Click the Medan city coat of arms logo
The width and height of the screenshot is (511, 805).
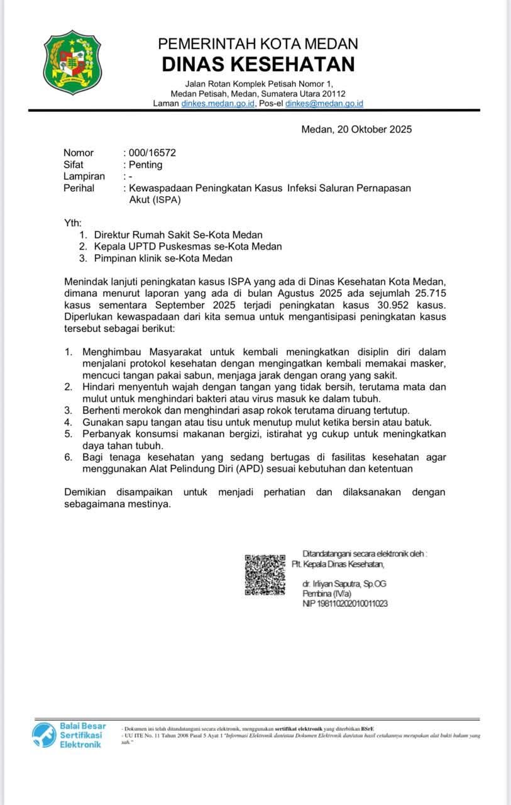[72, 62]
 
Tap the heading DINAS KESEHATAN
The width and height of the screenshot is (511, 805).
[258, 64]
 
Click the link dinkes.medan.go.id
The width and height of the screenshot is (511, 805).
[218, 104]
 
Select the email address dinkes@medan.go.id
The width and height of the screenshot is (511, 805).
[324, 104]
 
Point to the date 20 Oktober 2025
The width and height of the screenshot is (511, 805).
[375, 130]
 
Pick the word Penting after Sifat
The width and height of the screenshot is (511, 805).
[145, 165]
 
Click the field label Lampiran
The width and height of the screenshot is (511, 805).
[84, 177]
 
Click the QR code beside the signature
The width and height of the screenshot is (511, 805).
[265, 574]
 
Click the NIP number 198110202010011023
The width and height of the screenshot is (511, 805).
[345, 604]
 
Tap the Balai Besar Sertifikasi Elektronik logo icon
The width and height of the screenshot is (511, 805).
[44, 735]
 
